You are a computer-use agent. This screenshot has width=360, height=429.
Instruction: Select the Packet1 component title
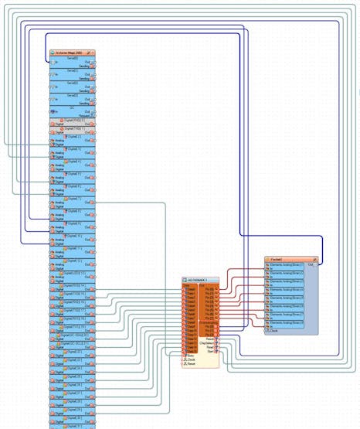pos(278,259)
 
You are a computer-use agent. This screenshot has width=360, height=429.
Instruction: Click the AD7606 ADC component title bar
pos(198,280)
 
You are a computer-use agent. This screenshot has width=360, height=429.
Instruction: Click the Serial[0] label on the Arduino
pos(73,59)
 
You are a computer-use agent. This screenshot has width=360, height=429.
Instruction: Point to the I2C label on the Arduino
pos(73,107)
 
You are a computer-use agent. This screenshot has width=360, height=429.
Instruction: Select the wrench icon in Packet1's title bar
pos(314,259)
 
